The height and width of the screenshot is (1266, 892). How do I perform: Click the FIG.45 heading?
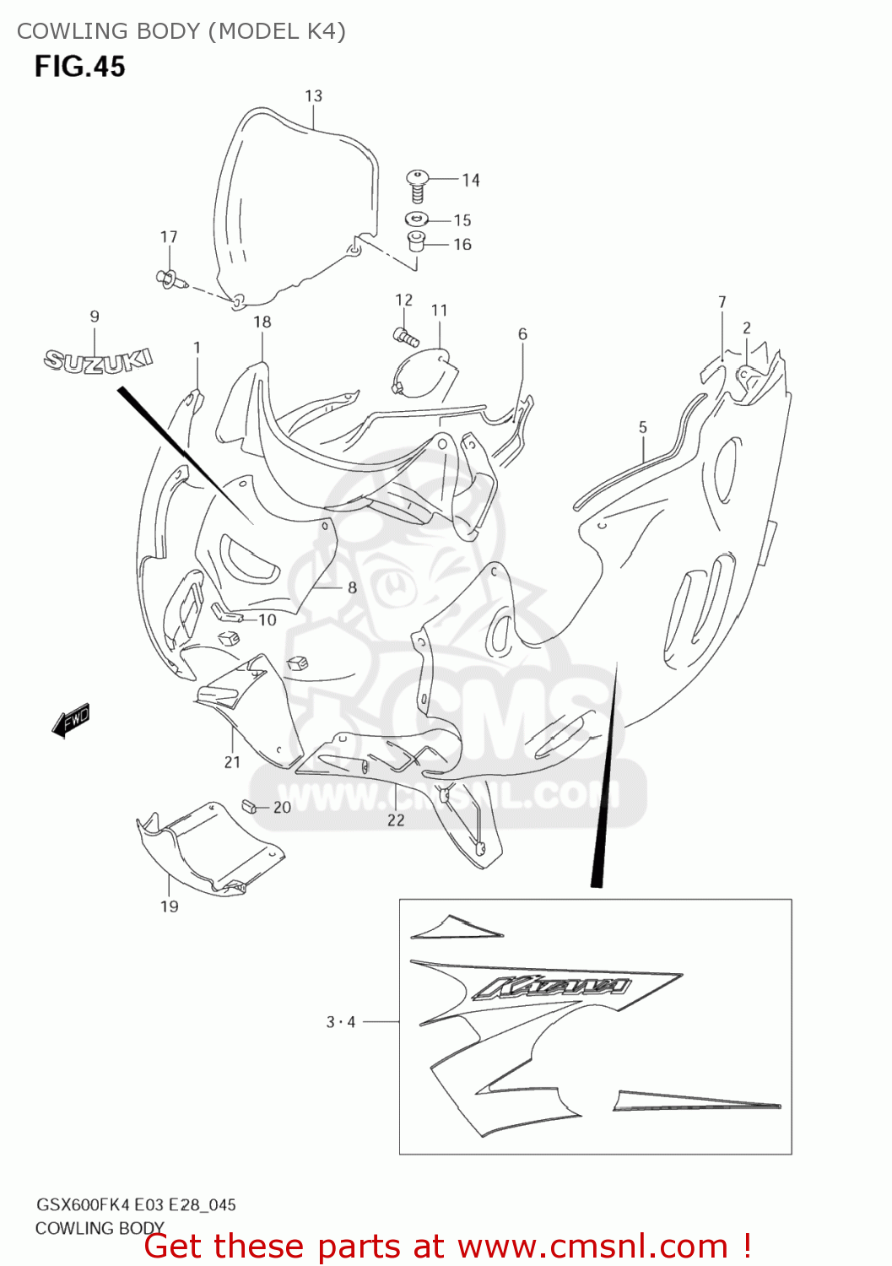(x=79, y=66)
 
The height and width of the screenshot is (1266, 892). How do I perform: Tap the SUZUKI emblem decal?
(x=98, y=360)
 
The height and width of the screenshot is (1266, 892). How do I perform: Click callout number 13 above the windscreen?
(x=314, y=96)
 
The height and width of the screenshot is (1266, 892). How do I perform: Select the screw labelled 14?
(x=417, y=185)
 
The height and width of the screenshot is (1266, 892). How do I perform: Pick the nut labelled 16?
(x=416, y=242)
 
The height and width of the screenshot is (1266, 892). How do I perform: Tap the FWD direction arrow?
(x=71, y=722)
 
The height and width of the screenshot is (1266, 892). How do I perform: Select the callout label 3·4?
(x=341, y=1022)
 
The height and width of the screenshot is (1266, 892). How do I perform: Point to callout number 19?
(x=170, y=906)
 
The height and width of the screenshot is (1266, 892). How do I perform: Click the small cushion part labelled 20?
(x=248, y=805)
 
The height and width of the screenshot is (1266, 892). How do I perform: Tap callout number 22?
(x=396, y=820)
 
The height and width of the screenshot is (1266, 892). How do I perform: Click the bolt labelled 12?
(x=407, y=338)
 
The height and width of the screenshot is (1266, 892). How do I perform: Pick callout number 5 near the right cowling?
(x=643, y=428)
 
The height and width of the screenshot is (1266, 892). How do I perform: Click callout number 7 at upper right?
(x=722, y=302)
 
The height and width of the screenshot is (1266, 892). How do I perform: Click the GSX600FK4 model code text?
(x=75, y=1205)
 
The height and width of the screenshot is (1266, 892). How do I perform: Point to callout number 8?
(x=352, y=587)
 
